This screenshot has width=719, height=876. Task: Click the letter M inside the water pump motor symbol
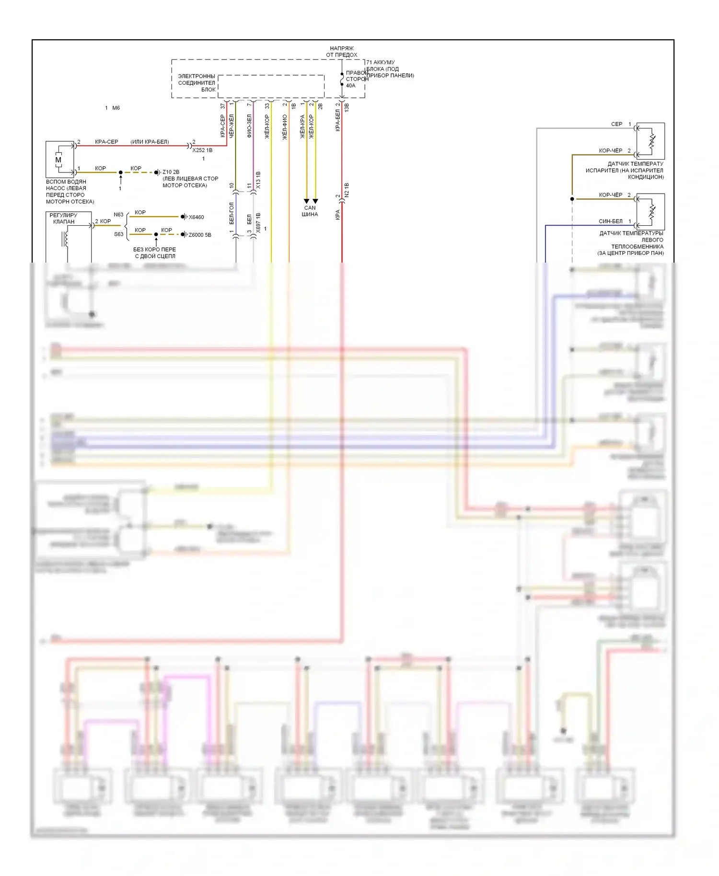click(x=58, y=160)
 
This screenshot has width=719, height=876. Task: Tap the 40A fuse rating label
click(x=351, y=86)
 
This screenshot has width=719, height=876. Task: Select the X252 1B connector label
click(x=202, y=150)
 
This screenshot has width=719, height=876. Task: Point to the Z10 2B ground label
click(x=171, y=172)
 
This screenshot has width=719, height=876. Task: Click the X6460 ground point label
click(x=197, y=217)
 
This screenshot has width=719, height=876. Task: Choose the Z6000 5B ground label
click(x=200, y=235)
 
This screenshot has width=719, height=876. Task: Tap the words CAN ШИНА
click(x=310, y=211)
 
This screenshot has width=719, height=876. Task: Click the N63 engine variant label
click(x=118, y=215)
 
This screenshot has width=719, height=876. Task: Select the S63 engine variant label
click(x=118, y=234)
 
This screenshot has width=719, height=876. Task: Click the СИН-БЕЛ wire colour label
click(x=611, y=221)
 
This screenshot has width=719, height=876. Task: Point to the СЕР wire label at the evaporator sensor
click(x=616, y=124)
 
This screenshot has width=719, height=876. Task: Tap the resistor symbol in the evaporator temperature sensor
click(x=652, y=141)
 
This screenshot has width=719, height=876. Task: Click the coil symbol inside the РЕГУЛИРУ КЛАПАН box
click(x=65, y=239)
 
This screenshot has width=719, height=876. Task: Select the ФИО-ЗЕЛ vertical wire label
click(x=249, y=126)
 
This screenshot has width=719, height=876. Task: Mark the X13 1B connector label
click(x=258, y=180)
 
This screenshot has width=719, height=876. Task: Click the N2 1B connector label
click(x=347, y=190)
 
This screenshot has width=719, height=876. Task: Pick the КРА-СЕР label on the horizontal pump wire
click(x=106, y=142)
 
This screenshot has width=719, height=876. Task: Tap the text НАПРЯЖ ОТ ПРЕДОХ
click(x=342, y=52)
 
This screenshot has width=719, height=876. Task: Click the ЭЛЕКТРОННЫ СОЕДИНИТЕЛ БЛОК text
click(x=197, y=83)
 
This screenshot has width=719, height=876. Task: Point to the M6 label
click(x=116, y=108)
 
